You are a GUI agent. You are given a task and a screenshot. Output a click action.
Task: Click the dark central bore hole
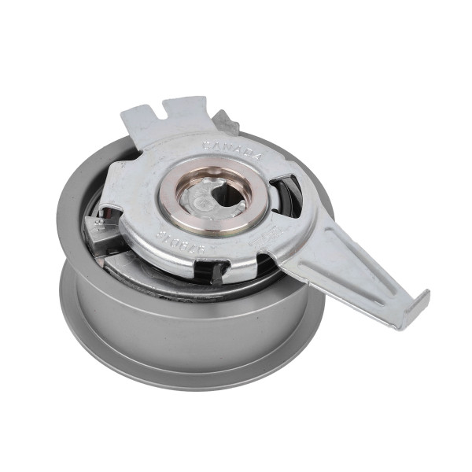(x=227, y=197)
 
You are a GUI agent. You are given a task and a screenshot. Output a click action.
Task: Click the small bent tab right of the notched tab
(x=227, y=121)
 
